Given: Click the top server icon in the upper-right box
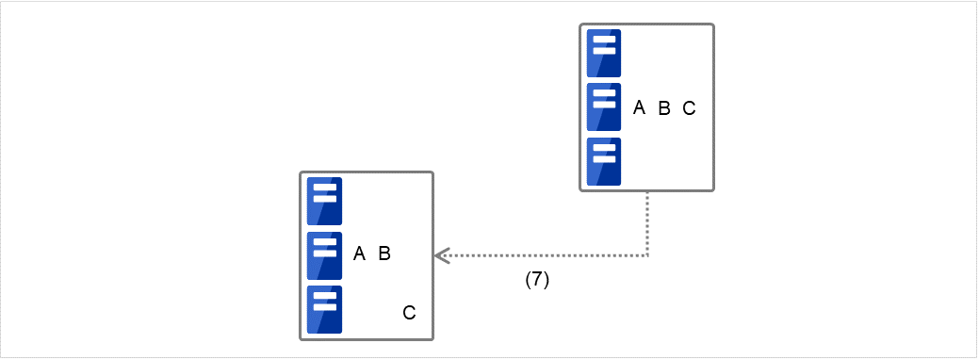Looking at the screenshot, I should pos(603,53).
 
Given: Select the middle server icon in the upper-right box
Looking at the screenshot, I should pos(603,106).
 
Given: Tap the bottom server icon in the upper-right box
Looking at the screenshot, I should pos(603,161).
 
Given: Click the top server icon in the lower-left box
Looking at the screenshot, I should pos(324,201).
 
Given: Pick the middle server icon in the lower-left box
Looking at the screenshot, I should pos(324,254).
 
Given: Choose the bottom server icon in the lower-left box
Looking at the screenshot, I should pos(324,309).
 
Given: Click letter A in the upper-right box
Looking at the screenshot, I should pos(639,108).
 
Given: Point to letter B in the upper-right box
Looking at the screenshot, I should pos(663,108).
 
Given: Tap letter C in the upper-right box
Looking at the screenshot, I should pos(689,108).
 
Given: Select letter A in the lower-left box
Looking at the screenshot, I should pos(359,254).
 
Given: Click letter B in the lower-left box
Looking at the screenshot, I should pos(384,254).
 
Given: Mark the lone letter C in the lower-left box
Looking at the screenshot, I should pos(409,312).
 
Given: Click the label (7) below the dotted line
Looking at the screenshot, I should pos(537,280).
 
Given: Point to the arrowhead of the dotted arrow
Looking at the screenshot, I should pos(440,255).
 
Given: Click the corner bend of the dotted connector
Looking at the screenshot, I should pos(647,255).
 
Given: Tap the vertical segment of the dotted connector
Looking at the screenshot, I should pos(647,224).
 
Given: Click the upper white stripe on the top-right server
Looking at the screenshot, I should pos(603,41).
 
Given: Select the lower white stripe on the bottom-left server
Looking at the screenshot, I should pos(324,305).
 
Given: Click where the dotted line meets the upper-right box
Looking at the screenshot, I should pos(647,192).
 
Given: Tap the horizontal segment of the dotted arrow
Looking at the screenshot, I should pos(542,255).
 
